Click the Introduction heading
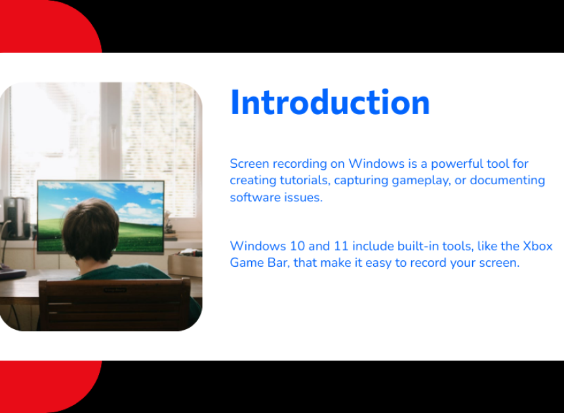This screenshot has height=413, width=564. coord(330,102)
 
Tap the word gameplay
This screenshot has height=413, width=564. coord(421,181)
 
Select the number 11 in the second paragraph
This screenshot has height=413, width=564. coord(341,246)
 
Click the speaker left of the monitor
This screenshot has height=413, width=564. coord(16,218)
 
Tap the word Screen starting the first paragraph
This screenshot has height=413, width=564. coord(249,163)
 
